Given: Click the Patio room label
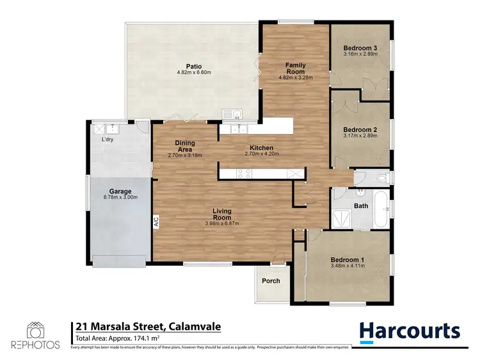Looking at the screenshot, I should point(194,65).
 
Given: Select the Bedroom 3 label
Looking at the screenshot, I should point(359,48).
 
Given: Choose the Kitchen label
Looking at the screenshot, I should point(262,148).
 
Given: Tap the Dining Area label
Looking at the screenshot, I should point(185,147).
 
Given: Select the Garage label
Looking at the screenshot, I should point(120,191).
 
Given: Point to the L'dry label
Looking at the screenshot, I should point(108,140).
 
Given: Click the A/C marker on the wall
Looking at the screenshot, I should point(156,222).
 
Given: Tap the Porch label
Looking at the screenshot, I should point(271,281).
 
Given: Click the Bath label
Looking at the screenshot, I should point(361,206).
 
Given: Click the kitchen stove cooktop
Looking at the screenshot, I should point(244,172).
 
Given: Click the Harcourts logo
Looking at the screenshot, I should point(410,331).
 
